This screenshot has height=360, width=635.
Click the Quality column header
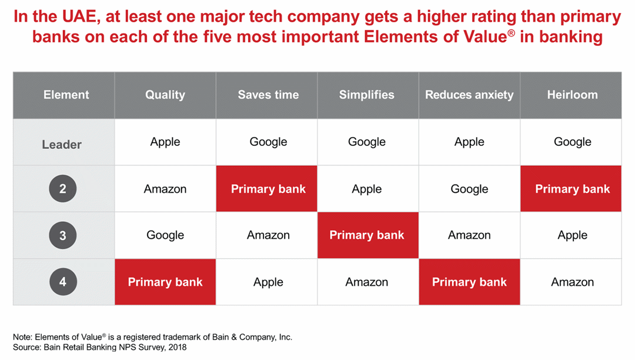click(x=165, y=95)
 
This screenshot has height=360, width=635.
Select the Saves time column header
click(x=268, y=95)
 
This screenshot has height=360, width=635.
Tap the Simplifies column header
click(x=367, y=95)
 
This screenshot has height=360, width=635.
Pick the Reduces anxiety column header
click(x=469, y=95)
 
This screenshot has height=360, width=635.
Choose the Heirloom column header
click(x=572, y=95)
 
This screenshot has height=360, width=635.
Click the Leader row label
click(x=62, y=145)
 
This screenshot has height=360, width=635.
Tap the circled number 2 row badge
click(x=62, y=189)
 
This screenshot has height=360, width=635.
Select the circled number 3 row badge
click(x=62, y=236)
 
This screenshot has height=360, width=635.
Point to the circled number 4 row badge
click(x=62, y=282)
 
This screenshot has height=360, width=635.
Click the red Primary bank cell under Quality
click(x=165, y=282)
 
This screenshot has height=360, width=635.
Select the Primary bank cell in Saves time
click(x=268, y=189)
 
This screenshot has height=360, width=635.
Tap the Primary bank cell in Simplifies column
click(x=367, y=235)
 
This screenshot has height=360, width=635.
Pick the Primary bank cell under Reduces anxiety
click(x=469, y=282)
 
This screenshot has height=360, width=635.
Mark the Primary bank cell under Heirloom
click(x=572, y=189)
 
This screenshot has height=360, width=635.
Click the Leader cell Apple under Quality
click(x=165, y=142)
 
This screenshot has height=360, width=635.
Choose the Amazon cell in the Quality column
click(x=165, y=189)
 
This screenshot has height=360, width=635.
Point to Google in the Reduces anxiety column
click(x=469, y=189)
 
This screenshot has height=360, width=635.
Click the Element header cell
click(x=66, y=95)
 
